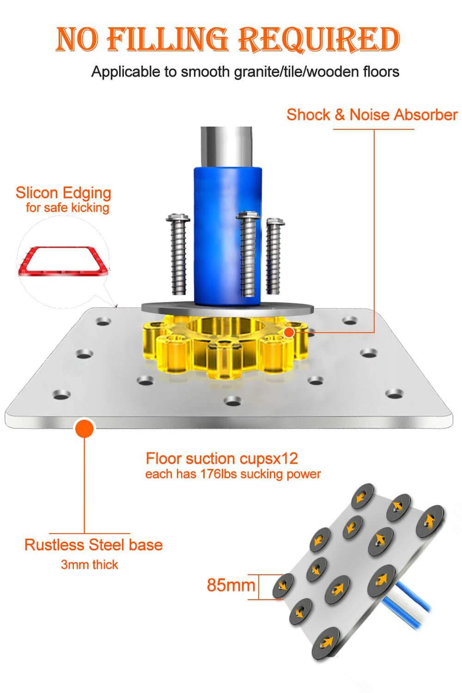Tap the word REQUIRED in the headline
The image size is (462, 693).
(319, 39)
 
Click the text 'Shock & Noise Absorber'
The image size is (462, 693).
(372, 114)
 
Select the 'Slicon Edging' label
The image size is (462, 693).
(63, 193)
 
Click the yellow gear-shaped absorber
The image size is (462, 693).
(226, 346)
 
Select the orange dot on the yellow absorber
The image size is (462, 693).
(289, 332)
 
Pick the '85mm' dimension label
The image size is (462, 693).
(231, 585)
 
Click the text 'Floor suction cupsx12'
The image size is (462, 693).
(221, 458)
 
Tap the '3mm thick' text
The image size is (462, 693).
(89, 565)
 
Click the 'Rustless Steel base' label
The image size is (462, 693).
(93, 545)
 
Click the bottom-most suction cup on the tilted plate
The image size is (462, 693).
(325, 643)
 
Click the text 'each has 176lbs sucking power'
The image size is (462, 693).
(233, 474)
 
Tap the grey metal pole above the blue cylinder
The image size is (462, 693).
(226, 146)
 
